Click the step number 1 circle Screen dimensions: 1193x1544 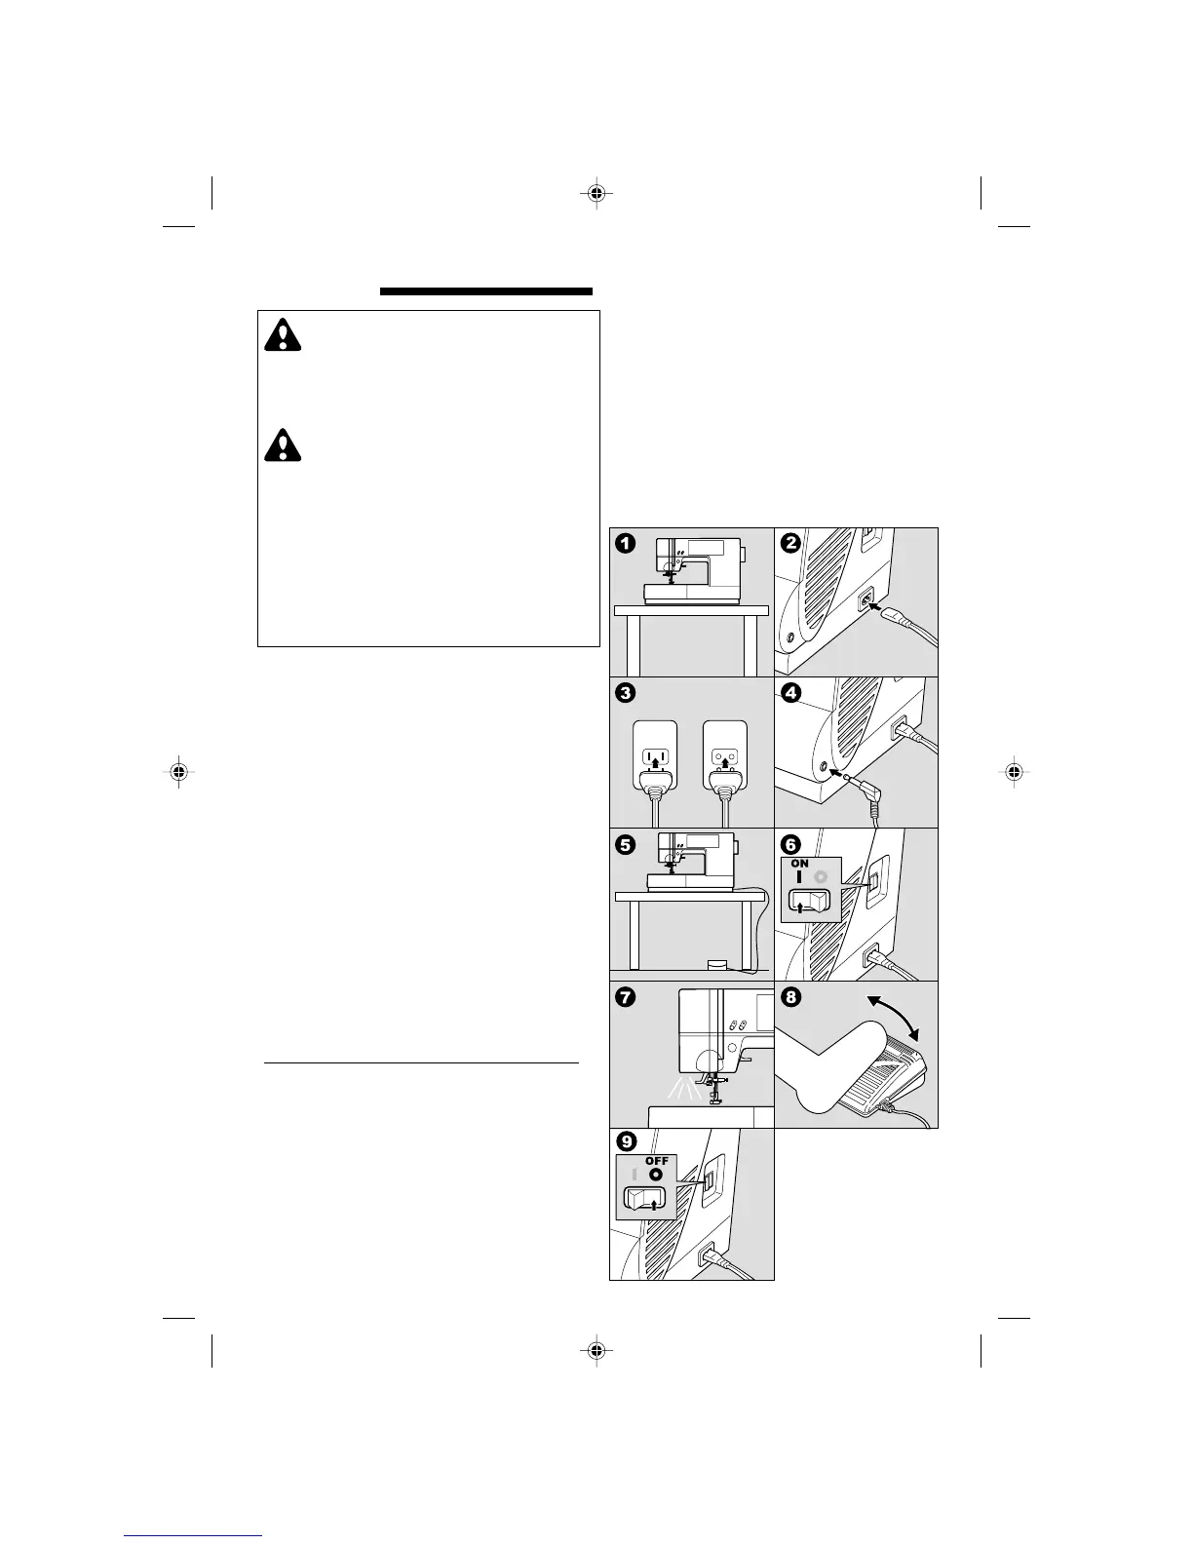(x=626, y=544)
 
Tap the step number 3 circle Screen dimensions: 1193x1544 (x=626, y=693)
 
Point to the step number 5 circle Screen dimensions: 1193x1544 (x=626, y=844)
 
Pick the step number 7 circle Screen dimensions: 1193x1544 (x=626, y=997)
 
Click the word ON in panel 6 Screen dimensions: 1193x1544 (x=800, y=864)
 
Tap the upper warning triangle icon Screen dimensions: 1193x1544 (x=283, y=335)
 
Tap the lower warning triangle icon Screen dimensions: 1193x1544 (x=283, y=444)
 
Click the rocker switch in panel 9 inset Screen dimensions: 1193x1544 (x=644, y=1200)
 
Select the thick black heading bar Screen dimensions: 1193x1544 (x=486, y=290)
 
